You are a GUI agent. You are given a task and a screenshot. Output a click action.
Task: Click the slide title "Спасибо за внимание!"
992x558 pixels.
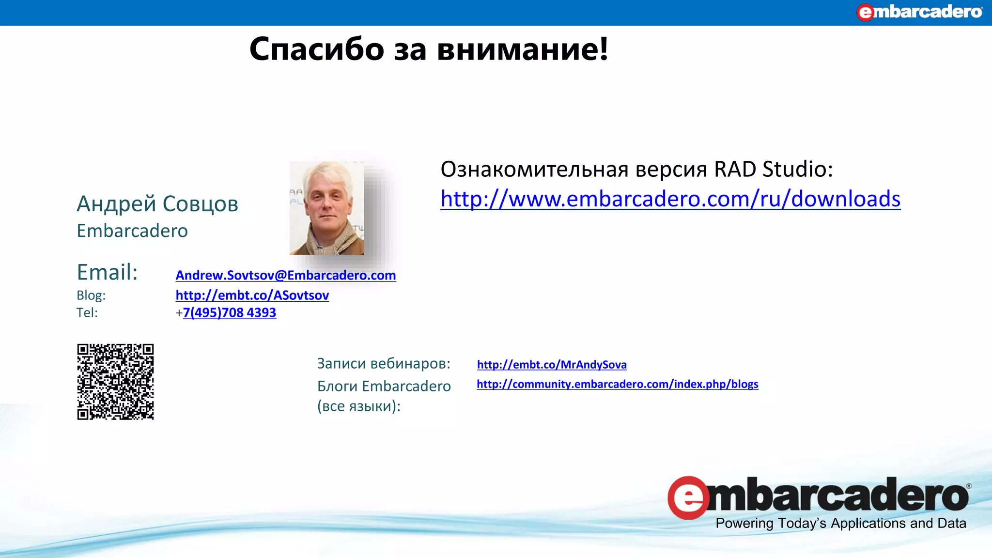[x=429, y=49]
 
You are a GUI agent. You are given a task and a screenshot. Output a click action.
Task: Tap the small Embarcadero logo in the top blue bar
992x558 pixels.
[x=919, y=12]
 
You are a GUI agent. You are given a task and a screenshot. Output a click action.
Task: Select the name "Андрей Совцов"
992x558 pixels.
[x=157, y=204]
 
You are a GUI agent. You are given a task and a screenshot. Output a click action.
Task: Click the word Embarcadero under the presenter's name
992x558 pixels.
[x=132, y=231]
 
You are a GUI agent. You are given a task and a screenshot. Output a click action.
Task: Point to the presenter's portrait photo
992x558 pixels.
[x=326, y=208]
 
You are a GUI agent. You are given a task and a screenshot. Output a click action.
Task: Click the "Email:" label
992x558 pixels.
[x=107, y=272]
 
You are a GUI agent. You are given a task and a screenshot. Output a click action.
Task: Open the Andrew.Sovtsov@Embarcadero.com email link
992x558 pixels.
[x=286, y=275]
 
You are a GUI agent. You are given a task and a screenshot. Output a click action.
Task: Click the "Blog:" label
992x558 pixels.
[x=91, y=295]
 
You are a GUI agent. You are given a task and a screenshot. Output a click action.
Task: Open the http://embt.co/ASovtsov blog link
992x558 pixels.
[x=252, y=295]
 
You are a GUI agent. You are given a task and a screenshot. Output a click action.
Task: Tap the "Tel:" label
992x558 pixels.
[x=87, y=313]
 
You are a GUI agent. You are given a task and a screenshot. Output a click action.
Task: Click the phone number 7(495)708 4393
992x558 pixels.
[x=230, y=313]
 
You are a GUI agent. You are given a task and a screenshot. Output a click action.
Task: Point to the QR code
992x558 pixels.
[x=115, y=382]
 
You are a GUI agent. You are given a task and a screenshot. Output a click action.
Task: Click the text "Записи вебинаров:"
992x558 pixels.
[x=384, y=364]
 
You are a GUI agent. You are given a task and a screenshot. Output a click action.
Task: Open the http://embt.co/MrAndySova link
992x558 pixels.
[x=552, y=365]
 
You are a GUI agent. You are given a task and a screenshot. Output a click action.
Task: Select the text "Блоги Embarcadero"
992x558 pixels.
[x=384, y=386]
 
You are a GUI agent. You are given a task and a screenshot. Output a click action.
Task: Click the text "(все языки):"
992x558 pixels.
[x=359, y=406]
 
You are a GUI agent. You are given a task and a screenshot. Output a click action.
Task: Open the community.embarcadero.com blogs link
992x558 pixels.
[x=618, y=384]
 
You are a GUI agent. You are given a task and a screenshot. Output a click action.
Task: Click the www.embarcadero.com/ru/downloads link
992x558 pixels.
[x=670, y=199]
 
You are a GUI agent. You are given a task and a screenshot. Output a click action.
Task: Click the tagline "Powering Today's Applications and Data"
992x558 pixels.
[x=841, y=524]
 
